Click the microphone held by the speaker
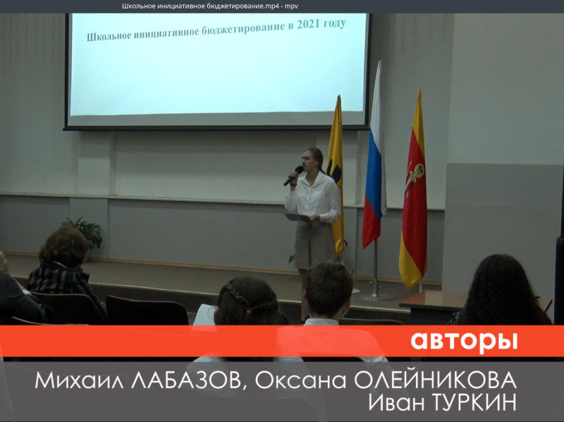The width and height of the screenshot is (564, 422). (x=293, y=175)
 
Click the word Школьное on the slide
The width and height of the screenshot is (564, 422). (x=109, y=37)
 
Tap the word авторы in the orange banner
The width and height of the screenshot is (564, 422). (x=464, y=340)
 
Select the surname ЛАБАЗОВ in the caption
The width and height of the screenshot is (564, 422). (x=186, y=381)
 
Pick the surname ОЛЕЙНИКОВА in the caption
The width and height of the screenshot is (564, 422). (x=436, y=380)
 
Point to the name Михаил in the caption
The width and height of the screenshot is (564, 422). (x=80, y=380)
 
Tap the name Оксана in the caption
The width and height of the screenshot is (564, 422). (x=301, y=380)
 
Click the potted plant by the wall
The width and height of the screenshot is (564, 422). (x=86, y=232)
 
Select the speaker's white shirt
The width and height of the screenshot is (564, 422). (x=314, y=200)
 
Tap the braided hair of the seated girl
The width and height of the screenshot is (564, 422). (x=248, y=301)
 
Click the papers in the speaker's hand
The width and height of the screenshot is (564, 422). (x=297, y=217)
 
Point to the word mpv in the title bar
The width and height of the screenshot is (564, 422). (x=291, y=6)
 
